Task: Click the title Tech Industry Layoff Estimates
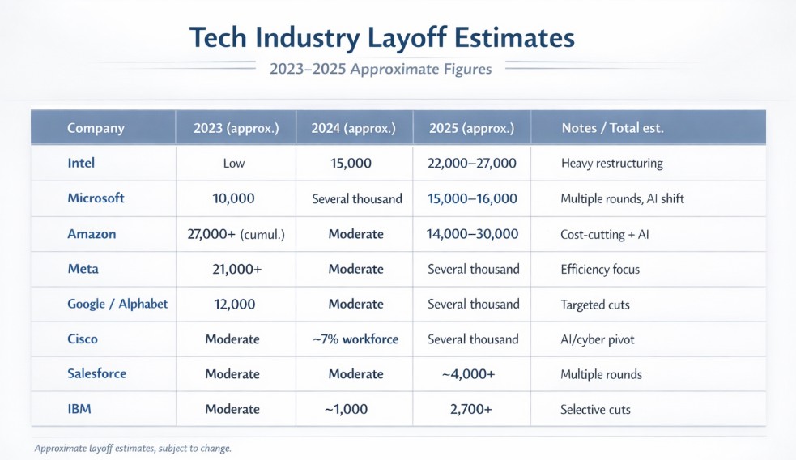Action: pyautogui.click(x=381, y=38)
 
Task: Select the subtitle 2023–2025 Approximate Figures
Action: pyautogui.click(x=380, y=70)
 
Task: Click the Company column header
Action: pyautogui.click(x=96, y=128)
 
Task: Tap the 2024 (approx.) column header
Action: pyautogui.click(x=354, y=128)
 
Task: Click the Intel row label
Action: pyautogui.click(x=81, y=163)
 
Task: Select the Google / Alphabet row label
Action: pyautogui.click(x=117, y=304)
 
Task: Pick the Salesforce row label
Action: pyautogui.click(x=96, y=374)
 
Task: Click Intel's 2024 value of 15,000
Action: pyautogui.click(x=351, y=164)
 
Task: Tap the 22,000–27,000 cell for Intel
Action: pyautogui.click(x=471, y=164)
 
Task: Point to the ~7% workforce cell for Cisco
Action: pyautogui.click(x=355, y=339)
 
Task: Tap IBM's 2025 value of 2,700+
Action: pyautogui.click(x=470, y=410)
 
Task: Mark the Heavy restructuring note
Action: pyautogui.click(x=611, y=164)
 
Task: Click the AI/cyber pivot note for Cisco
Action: pyautogui.click(x=598, y=339)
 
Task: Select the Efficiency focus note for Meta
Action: pyautogui.click(x=599, y=269)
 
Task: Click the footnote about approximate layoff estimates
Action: pyautogui.click(x=133, y=448)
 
